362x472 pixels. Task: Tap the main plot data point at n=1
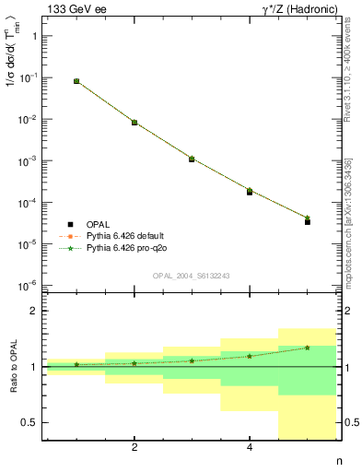click(76, 81)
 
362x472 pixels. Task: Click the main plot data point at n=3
click(192, 159)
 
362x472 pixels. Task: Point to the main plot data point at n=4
click(250, 191)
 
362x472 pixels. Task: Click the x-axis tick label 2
click(134, 448)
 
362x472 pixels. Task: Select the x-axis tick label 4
click(250, 448)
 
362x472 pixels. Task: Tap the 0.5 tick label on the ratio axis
click(29, 422)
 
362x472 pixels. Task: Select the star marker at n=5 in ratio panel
click(308, 348)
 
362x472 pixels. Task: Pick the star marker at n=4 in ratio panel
click(250, 356)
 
